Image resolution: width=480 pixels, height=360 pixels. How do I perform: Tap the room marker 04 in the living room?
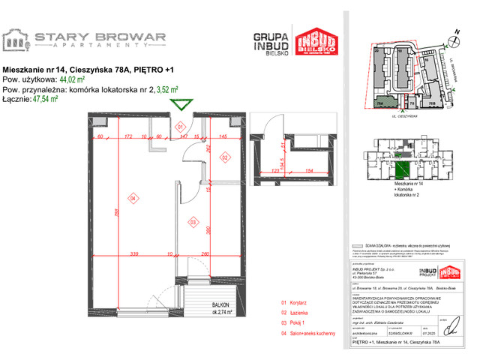pyautogui.click(x=133, y=199)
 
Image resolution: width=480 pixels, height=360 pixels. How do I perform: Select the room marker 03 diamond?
pyautogui.click(x=192, y=223)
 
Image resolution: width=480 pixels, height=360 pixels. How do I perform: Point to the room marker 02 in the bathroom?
pyautogui.click(x=224, y=157)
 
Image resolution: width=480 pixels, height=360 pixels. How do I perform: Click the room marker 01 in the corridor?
pyautogui.click(x=180, y=127)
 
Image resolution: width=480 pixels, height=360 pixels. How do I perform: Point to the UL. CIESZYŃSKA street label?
pyautogui.click(x=404, y=118)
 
